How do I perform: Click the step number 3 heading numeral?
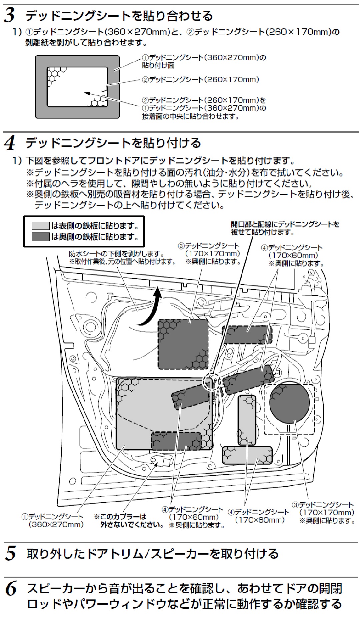10,15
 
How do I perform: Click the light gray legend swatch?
40,226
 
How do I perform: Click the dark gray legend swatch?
40,237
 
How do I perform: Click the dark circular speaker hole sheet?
289,405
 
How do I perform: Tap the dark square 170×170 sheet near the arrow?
183,344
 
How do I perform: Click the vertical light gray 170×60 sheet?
247,420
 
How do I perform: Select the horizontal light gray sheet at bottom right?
247,455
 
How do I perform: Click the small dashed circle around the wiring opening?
212,381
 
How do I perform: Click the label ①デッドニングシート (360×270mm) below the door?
52,520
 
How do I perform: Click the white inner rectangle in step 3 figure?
77,87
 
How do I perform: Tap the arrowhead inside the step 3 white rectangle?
86,93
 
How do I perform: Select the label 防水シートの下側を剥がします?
117,254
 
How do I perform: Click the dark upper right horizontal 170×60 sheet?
247,335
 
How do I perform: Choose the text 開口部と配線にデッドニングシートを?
285,224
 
